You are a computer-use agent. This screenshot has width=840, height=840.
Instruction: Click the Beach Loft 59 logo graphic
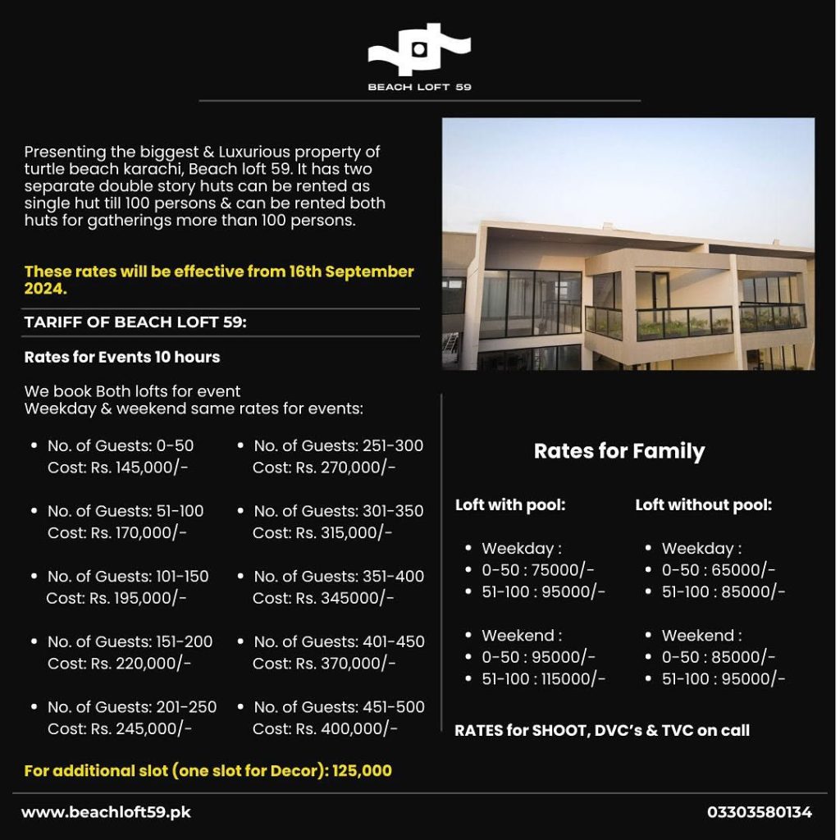[419, 51]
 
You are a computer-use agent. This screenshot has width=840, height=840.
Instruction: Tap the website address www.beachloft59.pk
[106, 812]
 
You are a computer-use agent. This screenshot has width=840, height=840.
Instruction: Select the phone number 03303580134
[760, 812]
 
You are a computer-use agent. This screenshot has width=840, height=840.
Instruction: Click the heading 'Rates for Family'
[619, 451]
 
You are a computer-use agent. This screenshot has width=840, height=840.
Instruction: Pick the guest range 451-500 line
[339, 707]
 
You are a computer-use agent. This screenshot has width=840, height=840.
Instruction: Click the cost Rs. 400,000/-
[325, 728]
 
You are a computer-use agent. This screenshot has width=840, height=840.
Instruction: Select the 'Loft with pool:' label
[510, 505]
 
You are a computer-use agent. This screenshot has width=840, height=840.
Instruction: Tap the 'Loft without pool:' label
[703, 505]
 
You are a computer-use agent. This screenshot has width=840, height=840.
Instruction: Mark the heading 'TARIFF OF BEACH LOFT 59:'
[135, 322]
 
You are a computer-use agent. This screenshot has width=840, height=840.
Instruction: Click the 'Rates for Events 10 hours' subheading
[122, 357]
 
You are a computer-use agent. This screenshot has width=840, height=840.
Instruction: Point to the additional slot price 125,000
[362, 771]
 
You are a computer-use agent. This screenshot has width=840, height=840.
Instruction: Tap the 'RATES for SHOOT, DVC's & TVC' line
[601, 730]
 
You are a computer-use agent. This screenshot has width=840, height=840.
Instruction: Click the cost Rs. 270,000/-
[324, 468]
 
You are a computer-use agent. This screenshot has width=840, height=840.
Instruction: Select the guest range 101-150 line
[128, 577]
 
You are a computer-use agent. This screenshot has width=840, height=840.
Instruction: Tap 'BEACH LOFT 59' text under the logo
[419, 87]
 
